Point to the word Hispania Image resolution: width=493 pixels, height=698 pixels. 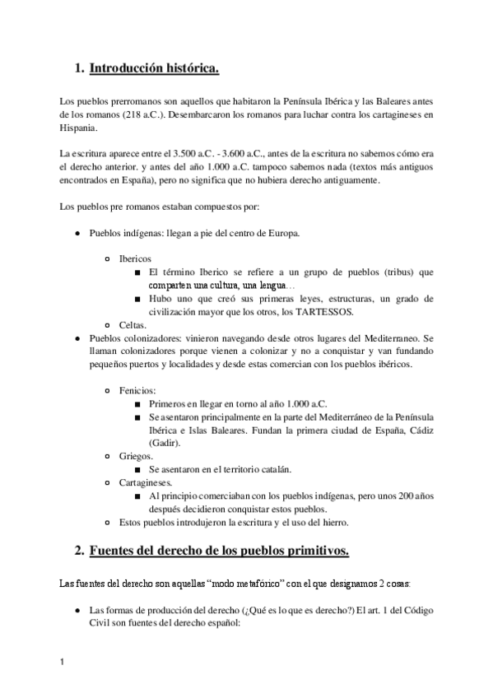click(x=78, y=128)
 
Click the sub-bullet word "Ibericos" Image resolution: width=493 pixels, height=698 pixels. click(x=135, y=258)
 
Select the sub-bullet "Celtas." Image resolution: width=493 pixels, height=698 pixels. click(x=133, y=325)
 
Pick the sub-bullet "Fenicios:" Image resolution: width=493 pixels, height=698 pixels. click(x=137, y=389)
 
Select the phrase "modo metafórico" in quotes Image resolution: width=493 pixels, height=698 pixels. click(x=256, y=584)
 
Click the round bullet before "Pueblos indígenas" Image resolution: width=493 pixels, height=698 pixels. click(x=77, y=233)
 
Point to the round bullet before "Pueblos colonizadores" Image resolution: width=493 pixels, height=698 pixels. click(x=77, y=338)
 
